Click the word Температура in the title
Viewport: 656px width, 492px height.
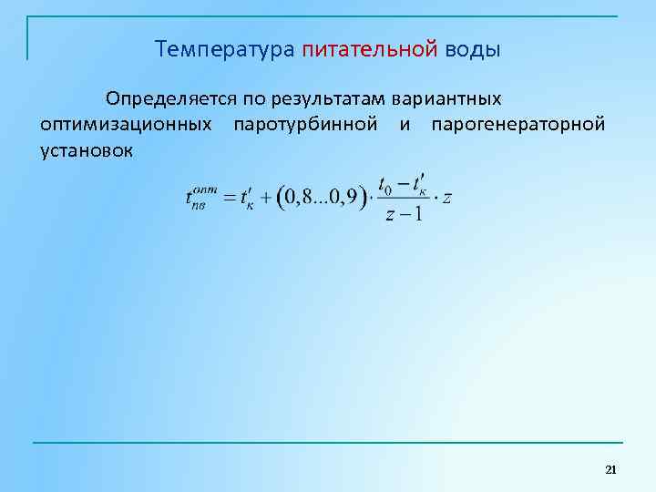pos(224,48)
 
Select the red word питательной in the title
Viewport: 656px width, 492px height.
pos(370,48)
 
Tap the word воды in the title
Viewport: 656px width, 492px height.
pos(473,48)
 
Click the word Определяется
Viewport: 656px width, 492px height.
pos(171,97)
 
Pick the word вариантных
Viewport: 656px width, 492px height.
pos(447,97)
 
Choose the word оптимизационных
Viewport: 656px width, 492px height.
pos(126,123)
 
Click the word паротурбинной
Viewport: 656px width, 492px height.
pos(305,123)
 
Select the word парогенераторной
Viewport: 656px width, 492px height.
pos(518,123)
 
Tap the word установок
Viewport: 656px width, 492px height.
pos(87,149)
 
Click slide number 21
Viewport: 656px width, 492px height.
pos(610,469)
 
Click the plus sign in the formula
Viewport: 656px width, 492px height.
pos(267,198)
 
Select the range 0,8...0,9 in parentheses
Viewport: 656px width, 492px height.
pos(322,198)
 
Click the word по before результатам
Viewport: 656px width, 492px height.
pos(252,97)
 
